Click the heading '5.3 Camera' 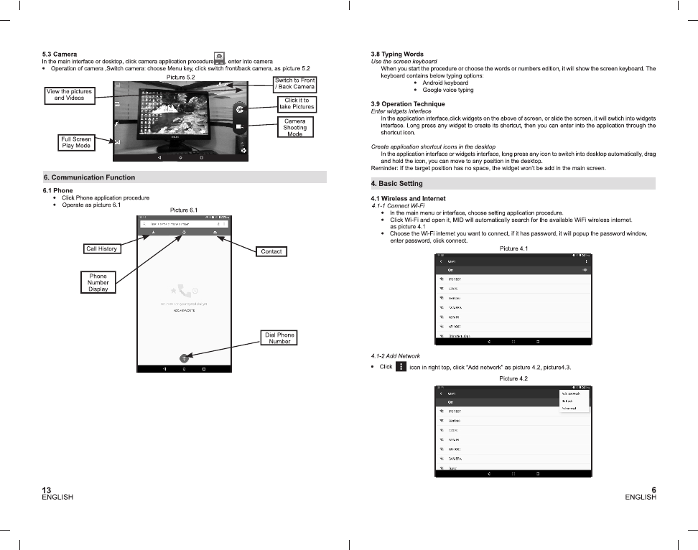(x=60, y=54)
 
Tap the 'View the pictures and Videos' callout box (x=69, y=95)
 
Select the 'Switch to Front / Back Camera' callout (x=294, y=83)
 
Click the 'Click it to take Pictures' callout (x=297, y=103)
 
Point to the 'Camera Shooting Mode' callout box (x=294, y=128)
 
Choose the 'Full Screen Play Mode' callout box (x=76, y=142)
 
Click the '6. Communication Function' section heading (x=89, y=177)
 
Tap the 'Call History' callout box (x=101, y=249)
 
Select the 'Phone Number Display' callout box (x=98, y=282)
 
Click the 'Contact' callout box (x=271, y=251)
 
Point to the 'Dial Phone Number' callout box (x=279, y=338)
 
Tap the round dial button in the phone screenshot (x=184, y=357)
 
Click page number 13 (x=47, y=490)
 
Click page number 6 (x=653, y=490)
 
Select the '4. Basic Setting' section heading (x=396, y=184)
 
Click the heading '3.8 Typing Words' (x=397, y=54)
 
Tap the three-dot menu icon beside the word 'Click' (x=401, y=367)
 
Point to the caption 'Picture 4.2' (x=513, y=378)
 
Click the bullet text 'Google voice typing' (x=447, y=90)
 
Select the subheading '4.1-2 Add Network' (x=395, y=356)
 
